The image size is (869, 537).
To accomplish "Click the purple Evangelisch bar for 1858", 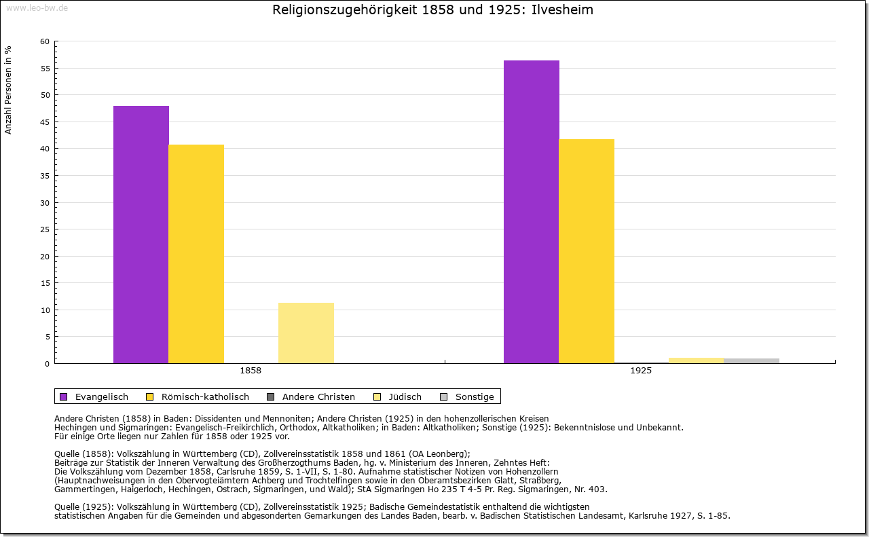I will (141, 234).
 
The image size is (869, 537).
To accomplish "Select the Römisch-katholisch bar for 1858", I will (196, 254).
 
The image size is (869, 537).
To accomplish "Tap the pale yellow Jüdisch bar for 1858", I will (306, 333).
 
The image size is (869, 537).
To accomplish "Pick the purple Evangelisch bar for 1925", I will (532, 212).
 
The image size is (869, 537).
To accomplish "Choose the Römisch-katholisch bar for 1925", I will (587, 251).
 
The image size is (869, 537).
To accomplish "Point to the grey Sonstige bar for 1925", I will (752, 360).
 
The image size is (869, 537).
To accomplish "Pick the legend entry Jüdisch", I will (405, 396).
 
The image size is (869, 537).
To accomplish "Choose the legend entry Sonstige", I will (475, 396).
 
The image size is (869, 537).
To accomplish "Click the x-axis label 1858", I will (251, 371).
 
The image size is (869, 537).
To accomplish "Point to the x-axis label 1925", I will (641, 371).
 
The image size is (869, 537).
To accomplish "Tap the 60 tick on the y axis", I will (45, 41).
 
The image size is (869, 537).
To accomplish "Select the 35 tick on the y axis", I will (45, 176).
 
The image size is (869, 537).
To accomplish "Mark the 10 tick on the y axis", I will (45, 310).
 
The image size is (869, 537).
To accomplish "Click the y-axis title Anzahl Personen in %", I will (8, 90).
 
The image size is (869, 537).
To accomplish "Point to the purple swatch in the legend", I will (64, 396).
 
